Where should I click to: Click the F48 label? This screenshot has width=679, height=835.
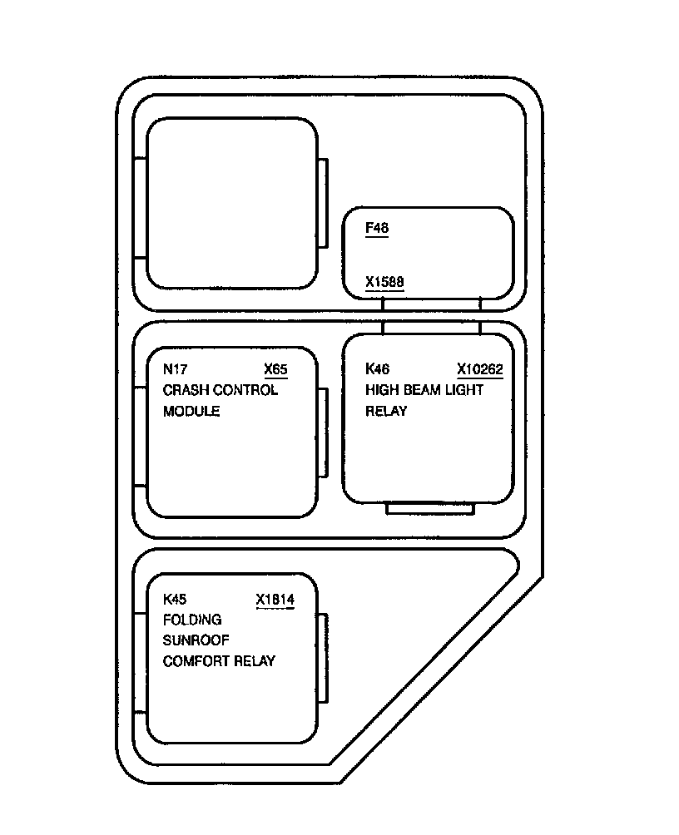coord(377,227)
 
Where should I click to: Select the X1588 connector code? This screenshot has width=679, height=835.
coord(384,282)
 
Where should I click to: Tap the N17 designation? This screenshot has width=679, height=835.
coord(174,369)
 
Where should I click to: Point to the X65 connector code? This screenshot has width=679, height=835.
coord(275,369)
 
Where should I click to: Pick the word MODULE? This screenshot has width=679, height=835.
coord(191,411)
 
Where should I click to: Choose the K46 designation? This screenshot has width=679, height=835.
coord(378,369)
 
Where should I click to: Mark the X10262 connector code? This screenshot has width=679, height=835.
coord(480,369)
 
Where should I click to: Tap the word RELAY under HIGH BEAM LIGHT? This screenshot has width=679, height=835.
coord(386,411)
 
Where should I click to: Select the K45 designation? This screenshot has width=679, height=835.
coord(175,599)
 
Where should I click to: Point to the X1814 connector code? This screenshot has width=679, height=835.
coord(275,599)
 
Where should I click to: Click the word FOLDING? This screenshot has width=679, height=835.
coord(192,620)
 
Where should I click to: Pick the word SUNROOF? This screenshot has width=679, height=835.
coord(196,640)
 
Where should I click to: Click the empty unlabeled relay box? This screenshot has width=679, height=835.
coord(231,203)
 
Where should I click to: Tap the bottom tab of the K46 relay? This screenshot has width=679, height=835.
coord(430,508)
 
